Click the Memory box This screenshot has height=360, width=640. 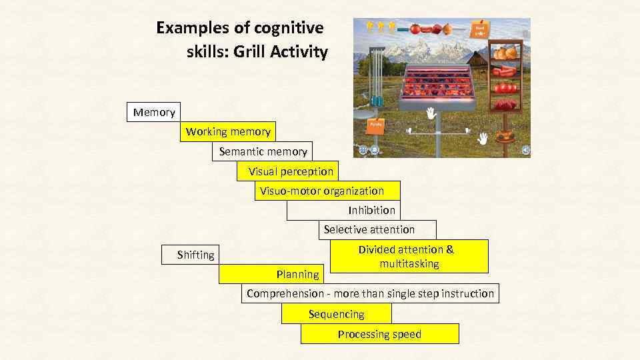(154, 112)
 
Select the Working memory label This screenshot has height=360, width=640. (228, 131)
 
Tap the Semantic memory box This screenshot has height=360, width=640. (263, 151)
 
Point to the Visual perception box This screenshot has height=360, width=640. (291, 171)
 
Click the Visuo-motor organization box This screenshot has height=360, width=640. (322, 191)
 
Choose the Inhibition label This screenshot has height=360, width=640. (371, 210)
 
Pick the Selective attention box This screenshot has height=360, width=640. (369, 229)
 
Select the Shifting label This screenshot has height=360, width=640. (196, 255)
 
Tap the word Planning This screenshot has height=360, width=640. (298, 274)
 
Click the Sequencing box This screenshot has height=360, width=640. (337, 314)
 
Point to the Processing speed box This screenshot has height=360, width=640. (379, 334)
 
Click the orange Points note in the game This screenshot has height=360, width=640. (375, 123)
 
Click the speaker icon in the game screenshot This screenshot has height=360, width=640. (525, 151)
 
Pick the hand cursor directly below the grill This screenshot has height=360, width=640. (431, 114)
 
